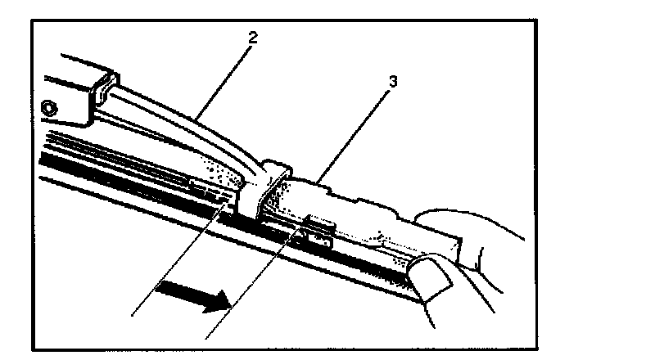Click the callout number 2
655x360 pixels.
pyautogui.click(x=255, y=36)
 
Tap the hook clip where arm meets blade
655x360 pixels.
pyautogui.click(x=265, y=184)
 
